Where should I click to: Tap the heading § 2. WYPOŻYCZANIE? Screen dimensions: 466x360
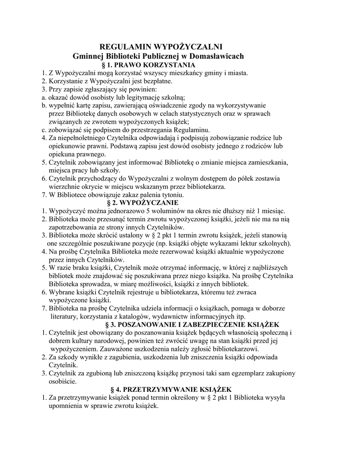click(142, 203)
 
